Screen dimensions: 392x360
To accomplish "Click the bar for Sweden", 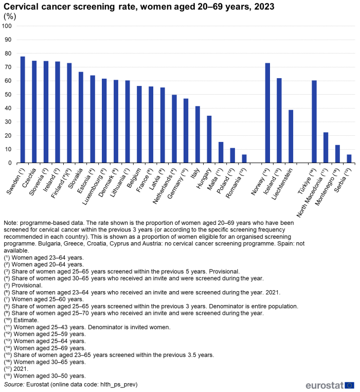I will point(23,110).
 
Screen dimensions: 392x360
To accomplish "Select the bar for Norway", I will point(267,113).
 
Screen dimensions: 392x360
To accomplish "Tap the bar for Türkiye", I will point(314,122).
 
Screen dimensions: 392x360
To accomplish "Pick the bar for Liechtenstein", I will point(291,136).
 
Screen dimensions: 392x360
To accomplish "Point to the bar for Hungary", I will point(209,139).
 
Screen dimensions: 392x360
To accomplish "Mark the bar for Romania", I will point(244,159).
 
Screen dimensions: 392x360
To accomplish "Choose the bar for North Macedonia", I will point(326,148).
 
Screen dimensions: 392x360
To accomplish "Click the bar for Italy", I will point(197,135).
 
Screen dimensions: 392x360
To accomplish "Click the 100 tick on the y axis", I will point(7,26).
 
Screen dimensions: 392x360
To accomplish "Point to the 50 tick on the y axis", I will point(9,95).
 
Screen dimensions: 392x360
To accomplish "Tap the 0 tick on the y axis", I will point(11,163).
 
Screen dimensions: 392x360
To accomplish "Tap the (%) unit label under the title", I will point(10,16).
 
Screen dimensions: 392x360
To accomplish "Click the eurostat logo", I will point(329,385).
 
